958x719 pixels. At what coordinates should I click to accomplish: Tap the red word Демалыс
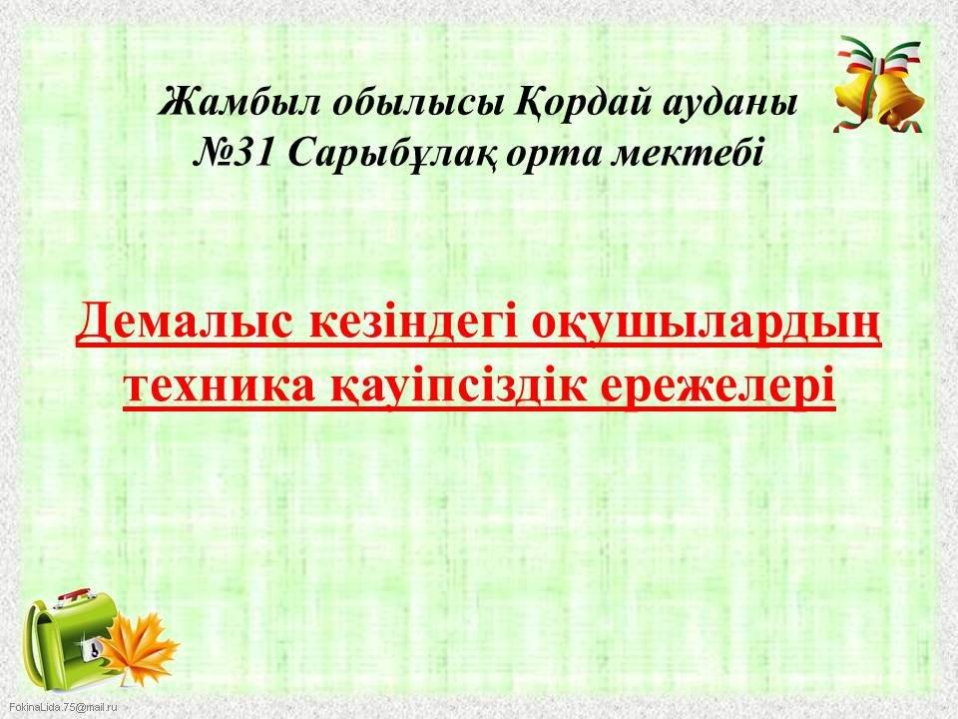(186, 323)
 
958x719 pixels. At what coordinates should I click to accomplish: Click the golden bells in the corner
(880, 84)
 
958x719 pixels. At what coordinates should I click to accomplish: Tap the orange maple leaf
(140, 648)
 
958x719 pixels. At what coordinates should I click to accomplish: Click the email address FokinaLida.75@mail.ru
(62, 707)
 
